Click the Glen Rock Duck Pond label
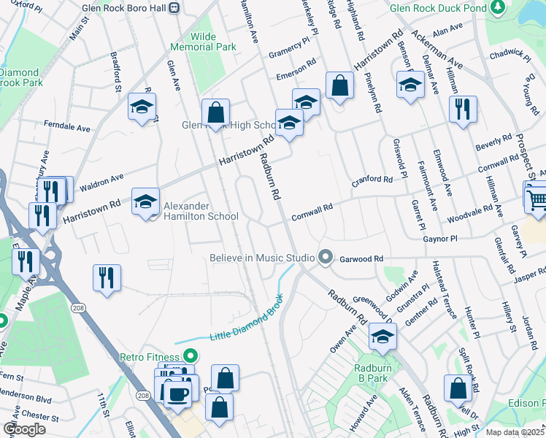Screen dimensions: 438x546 point(437,9)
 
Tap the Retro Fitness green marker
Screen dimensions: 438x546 point(191,357)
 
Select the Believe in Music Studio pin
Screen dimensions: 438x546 point(326,258)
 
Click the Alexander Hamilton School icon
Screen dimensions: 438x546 point(145,201)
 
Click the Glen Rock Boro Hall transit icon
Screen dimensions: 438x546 point(174,8)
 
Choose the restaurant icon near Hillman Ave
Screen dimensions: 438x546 point(462,109)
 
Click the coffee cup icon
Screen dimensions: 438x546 point(177,393)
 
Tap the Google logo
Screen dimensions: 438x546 point(25,429)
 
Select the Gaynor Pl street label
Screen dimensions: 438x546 point(439,239)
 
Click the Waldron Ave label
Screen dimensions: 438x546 point(101,182)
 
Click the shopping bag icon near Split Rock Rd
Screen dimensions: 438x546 point(458,389)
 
